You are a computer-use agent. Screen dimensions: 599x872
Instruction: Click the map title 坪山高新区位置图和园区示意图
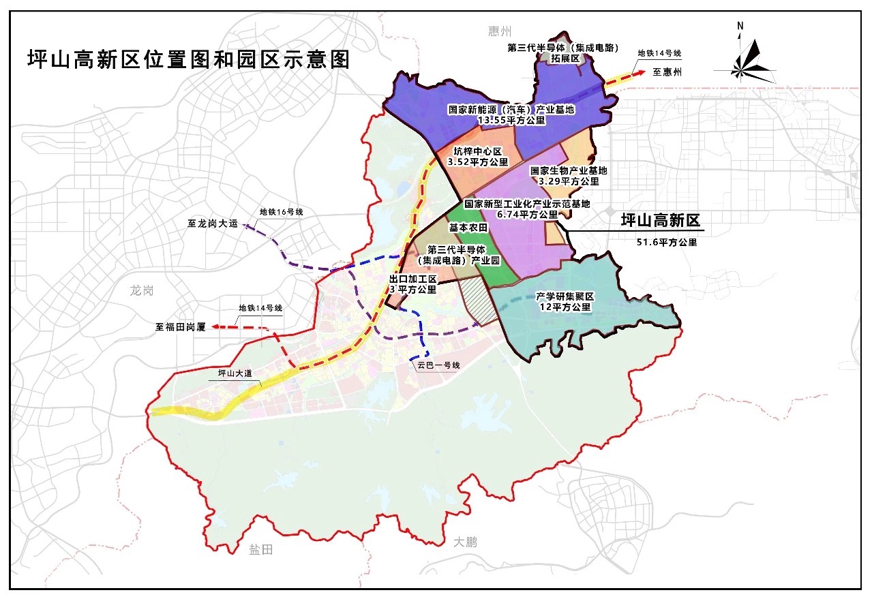(x=188, y=60)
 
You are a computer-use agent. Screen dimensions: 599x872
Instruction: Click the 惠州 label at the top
(x=499, y=31)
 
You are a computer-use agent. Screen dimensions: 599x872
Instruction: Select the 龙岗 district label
(x=142, y=290)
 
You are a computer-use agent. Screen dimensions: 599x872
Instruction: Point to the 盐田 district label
(x=260, y=549)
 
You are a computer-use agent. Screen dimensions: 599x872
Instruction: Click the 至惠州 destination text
(x=667, y=72)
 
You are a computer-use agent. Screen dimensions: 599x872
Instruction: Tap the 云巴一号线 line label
(x=439, y=365)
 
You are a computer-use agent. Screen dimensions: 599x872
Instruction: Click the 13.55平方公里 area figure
(x=512, y=120)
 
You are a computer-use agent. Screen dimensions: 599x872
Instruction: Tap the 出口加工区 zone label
(x=412, y=279)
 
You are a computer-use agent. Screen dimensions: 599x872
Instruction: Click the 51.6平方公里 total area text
(x=665, y=242)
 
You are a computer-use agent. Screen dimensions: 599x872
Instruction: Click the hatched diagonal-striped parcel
(x=476, y=300)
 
